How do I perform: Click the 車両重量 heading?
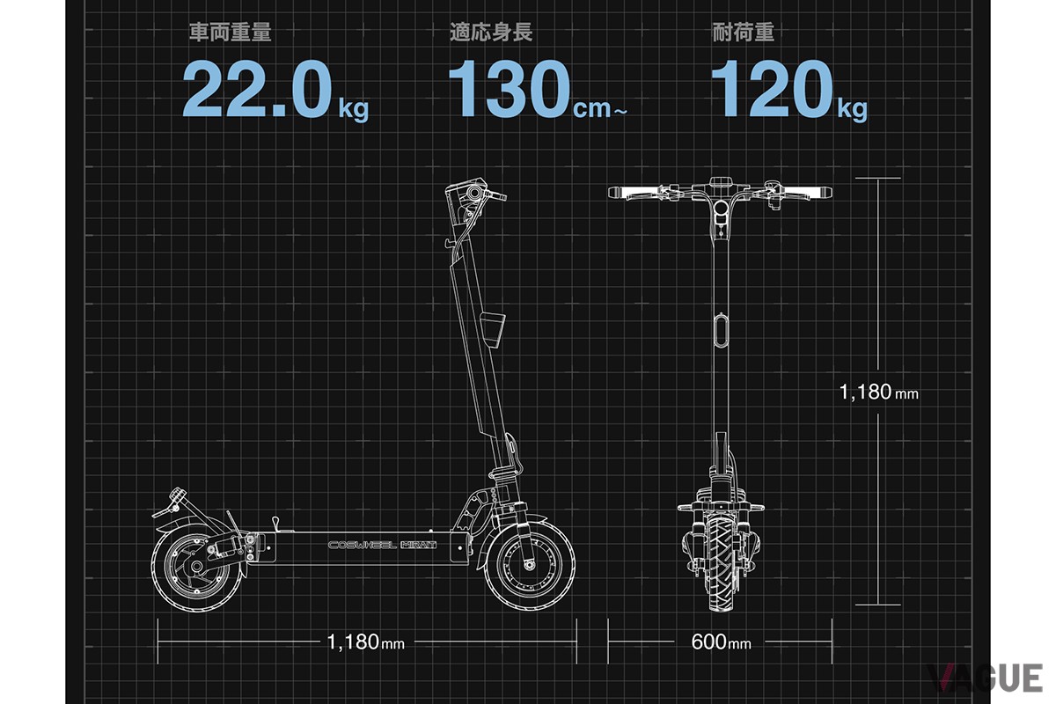[x=230, y=34]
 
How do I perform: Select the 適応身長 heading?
[x=490, y=34]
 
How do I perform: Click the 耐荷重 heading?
[x=743, y=34]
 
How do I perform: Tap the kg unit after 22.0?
[x=354, y=109]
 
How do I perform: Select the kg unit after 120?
[x=852, y=109]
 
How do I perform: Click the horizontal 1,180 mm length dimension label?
[x=365, y=642]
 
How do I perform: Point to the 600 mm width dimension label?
[x=721, y=642]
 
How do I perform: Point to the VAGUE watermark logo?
[x=985, y=678]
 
